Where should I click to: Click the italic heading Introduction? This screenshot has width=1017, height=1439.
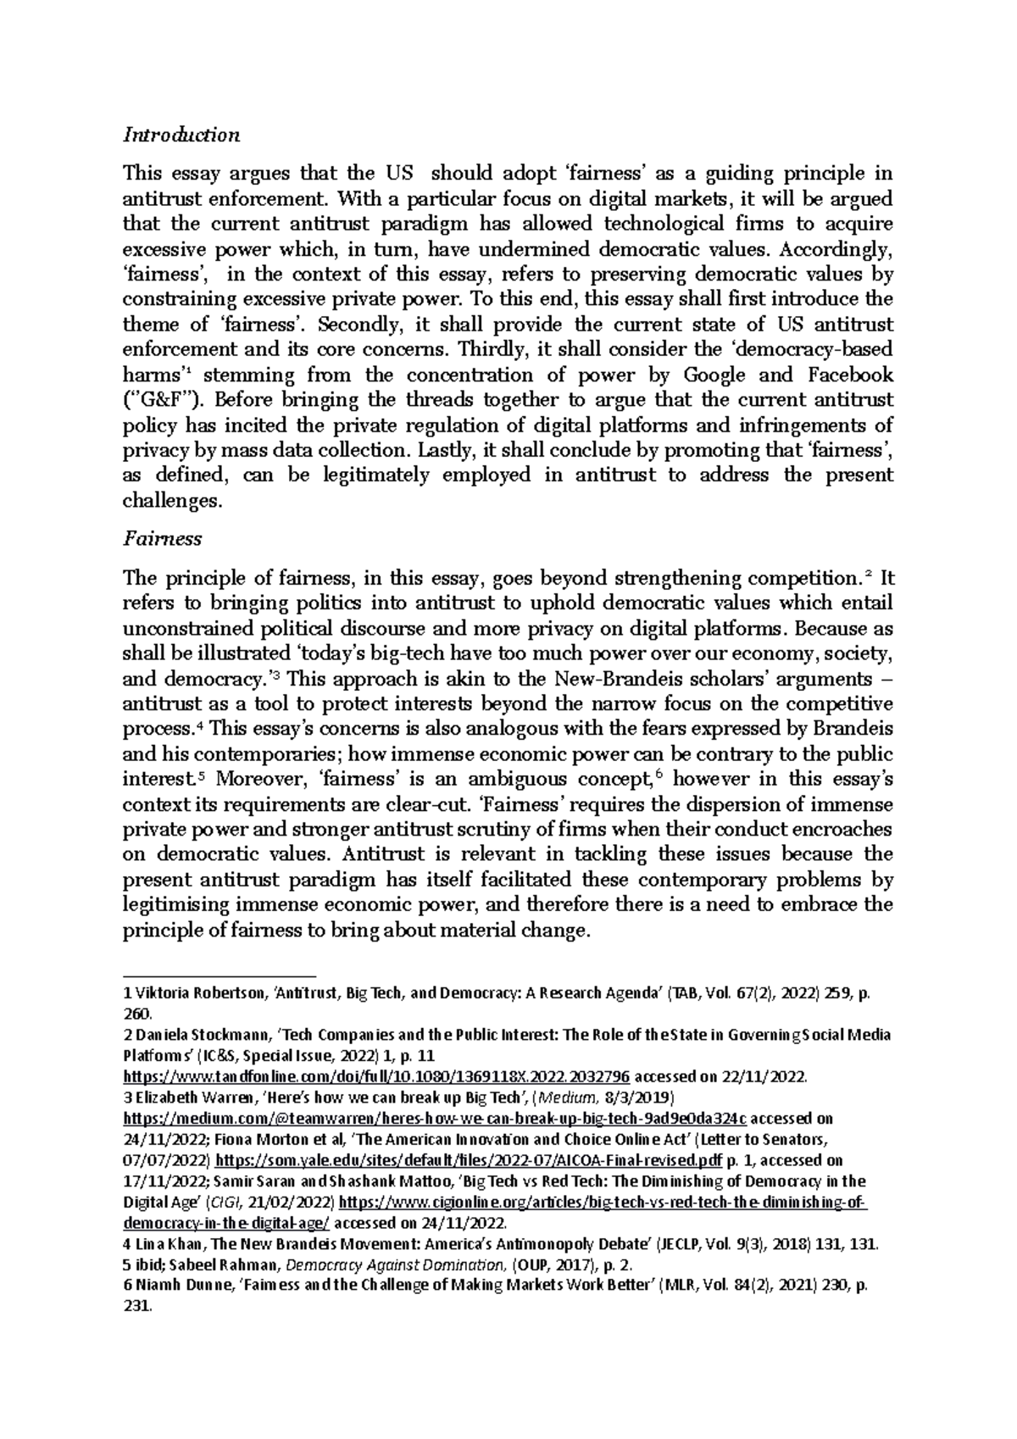click(x=181, y=135)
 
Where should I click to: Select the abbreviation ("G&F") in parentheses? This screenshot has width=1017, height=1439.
click(x=158, y=401)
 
